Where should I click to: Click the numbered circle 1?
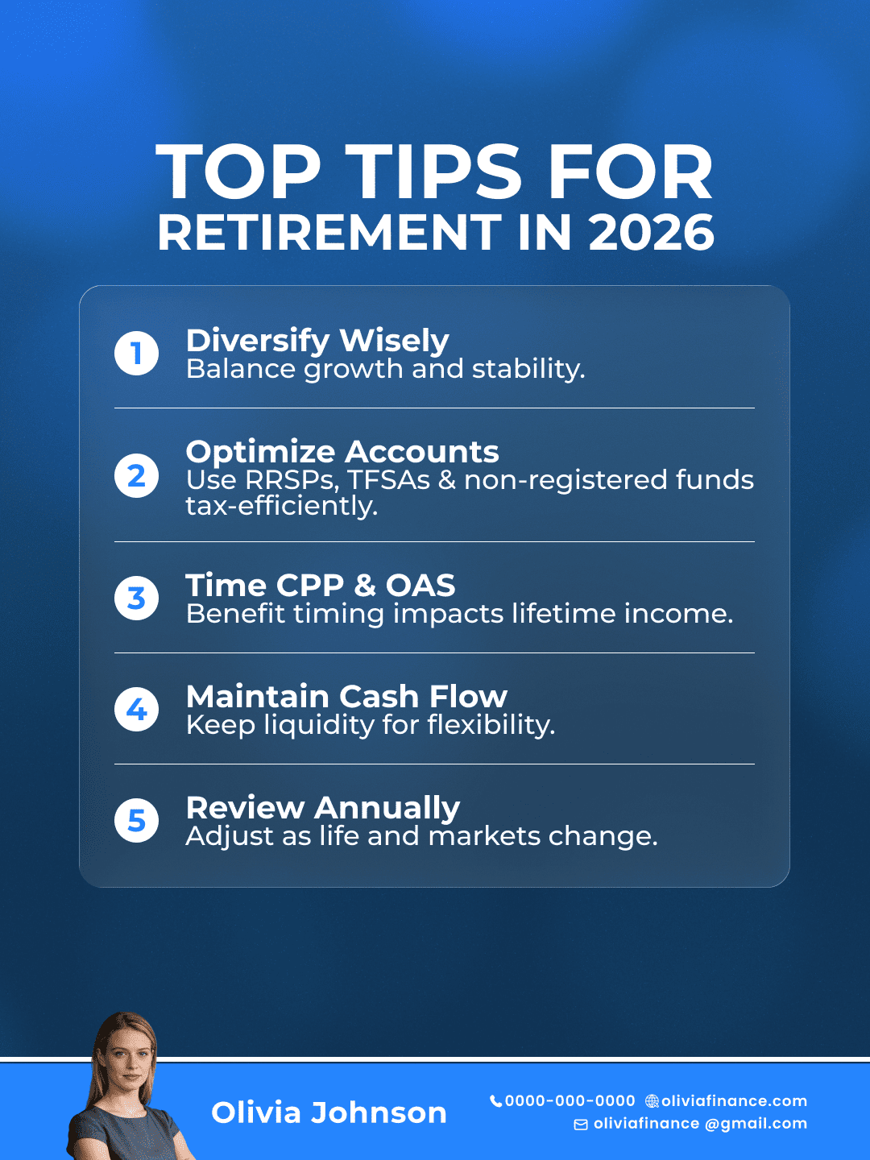136,353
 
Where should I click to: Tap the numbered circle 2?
136,475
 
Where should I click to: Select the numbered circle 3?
136,598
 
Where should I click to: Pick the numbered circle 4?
136,709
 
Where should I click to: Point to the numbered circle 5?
136,820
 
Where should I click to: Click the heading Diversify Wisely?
317,341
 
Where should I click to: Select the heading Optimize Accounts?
342,452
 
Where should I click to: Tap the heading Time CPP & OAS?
320,585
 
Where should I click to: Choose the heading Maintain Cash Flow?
346,697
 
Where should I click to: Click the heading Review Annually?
323,809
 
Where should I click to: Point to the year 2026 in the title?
652,232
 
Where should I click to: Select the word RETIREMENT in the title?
329,232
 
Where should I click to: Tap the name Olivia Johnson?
329,1112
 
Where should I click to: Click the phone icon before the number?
495,1100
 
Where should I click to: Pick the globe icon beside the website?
652,1101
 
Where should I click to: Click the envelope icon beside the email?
581,1125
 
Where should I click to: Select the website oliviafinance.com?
734,1101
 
